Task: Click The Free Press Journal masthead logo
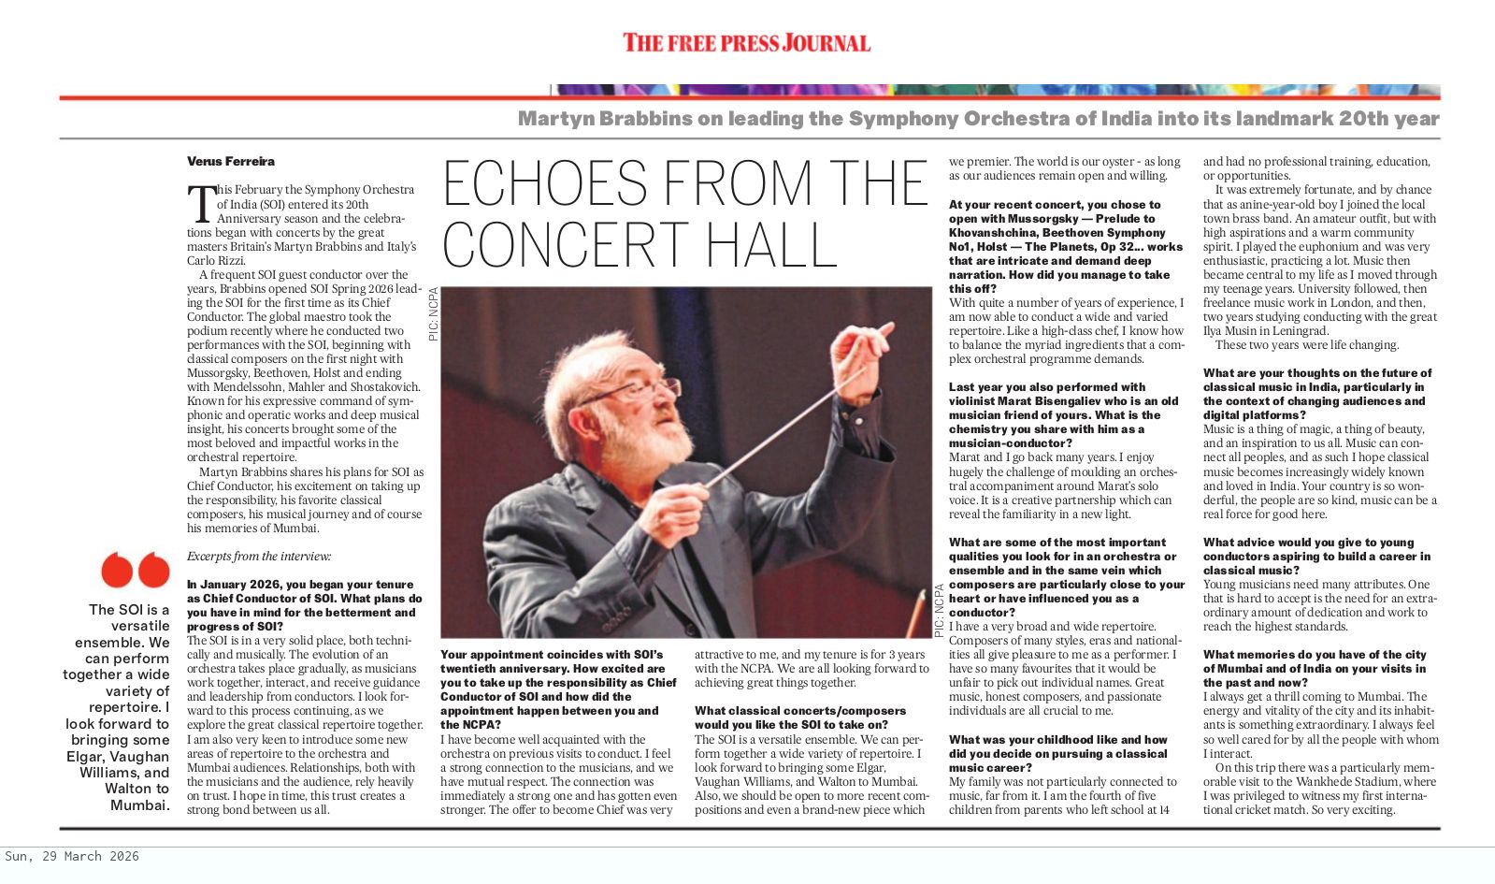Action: (x=746, y=43)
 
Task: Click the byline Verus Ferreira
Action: (x=231, y=162)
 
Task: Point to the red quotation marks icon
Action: (x=136, y=570)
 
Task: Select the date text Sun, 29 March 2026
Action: (x=72, y=856)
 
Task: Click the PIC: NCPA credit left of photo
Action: (x=433, y=313)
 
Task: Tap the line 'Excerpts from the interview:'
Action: (x=259, y=557)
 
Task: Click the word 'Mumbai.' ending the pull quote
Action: (x=140, y=804)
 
